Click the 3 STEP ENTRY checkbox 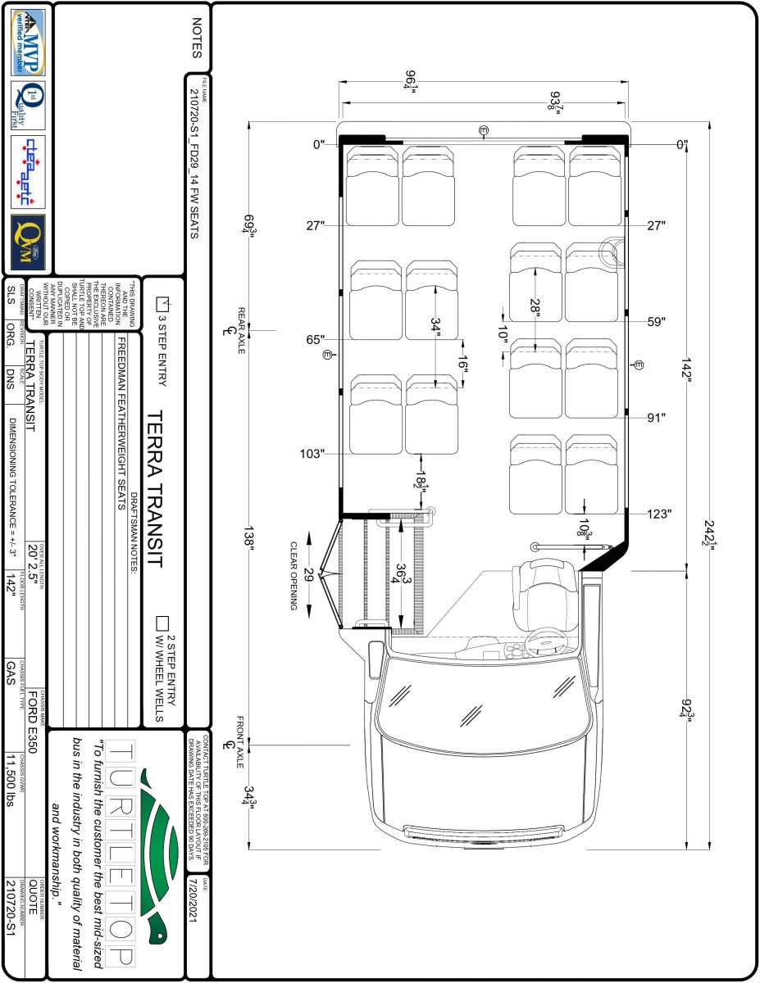click(161, 302)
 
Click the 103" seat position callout click(312, 453)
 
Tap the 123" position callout click(659, 514)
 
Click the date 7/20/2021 click(193, 900)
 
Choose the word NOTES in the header click(196, 39)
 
